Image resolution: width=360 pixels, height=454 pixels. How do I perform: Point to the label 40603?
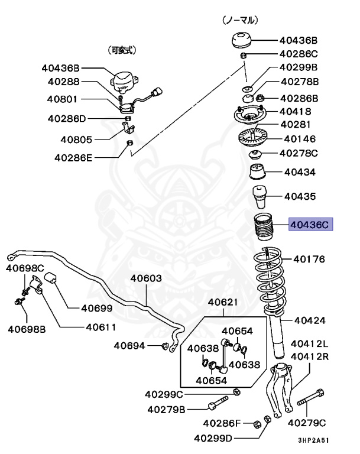[x=146, y=278]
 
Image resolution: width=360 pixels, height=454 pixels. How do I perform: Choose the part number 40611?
[x=100, y=326]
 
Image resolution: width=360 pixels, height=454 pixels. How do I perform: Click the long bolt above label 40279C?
[x=310, y=400]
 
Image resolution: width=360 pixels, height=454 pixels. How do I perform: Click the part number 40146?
[x=300, y=139]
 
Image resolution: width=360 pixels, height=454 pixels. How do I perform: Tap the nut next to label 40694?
[x=167, y=345]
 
